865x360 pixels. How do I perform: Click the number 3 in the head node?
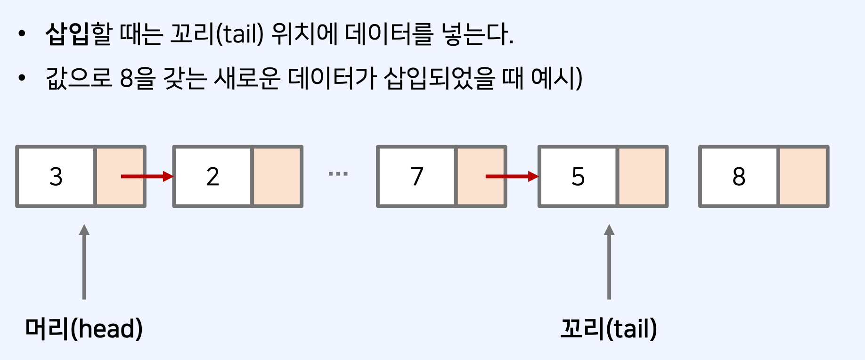pos(56,177)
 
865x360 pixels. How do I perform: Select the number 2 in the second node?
pos(213,177)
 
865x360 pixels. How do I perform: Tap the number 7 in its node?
pos(417,177)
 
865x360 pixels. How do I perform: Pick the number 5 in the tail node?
pos(578,177)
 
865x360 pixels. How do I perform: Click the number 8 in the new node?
pos(739,177)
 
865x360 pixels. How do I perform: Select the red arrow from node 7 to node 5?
pos(512,177)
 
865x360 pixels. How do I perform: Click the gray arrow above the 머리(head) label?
pos(84,262)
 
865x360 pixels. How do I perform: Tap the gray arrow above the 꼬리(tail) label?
pos(609,262)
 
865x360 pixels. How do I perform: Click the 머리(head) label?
pos(84,328)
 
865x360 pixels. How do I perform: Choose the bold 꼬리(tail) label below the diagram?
pos(609,328)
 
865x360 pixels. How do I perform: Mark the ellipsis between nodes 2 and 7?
pos(338,174)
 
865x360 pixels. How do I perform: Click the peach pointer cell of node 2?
pos(277,177)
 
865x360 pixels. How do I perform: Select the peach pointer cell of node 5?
pos(642,177)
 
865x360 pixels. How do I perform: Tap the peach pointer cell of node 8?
pos(803,177)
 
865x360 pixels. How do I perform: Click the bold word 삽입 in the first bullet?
pos(67,34)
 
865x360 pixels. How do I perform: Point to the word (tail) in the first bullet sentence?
pos(240,34)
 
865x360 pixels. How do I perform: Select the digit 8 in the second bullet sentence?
pos(127,78)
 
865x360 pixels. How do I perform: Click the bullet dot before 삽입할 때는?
pos(21,33)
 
